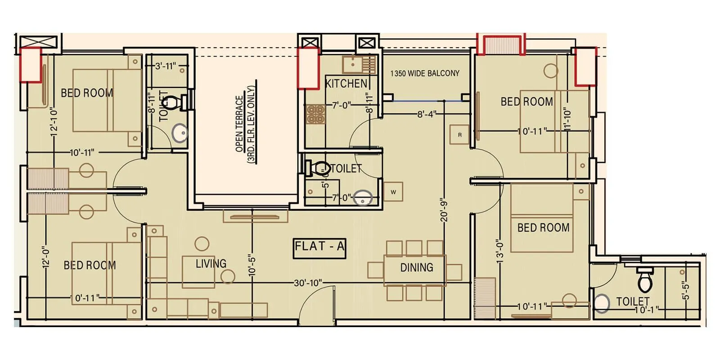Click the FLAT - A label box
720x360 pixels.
coord(319,247)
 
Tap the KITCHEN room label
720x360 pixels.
coord(346,84)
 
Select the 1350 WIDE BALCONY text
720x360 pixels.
coord(425,73)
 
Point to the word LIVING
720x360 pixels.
coord(211,264)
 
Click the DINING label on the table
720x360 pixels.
coord(417,268)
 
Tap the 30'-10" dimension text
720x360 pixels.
coord(308,283)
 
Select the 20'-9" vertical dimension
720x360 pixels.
coord(444,210)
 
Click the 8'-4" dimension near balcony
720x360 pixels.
coord(426,114)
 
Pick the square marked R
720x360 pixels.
coord(459,135)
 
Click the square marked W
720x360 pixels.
coord(393,192)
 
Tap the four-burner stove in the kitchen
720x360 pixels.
coord(315,114)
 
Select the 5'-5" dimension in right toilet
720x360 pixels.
coord(685,291)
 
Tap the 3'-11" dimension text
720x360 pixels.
coord(165,66)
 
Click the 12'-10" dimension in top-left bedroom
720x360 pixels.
coord(54,121)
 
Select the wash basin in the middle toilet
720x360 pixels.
coord(363,198)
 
